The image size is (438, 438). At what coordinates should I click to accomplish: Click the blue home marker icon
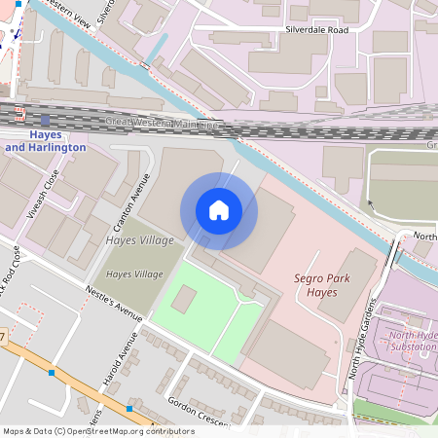(219, 210)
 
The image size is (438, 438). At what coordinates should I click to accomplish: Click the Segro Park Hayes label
(321, 285)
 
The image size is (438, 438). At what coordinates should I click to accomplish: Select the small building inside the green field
(183, 301)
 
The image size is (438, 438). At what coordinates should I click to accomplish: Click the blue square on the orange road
(52, 373)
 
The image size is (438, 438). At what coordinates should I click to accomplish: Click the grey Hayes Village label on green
(134, 274)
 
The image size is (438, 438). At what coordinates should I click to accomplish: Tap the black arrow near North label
(369, 205)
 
